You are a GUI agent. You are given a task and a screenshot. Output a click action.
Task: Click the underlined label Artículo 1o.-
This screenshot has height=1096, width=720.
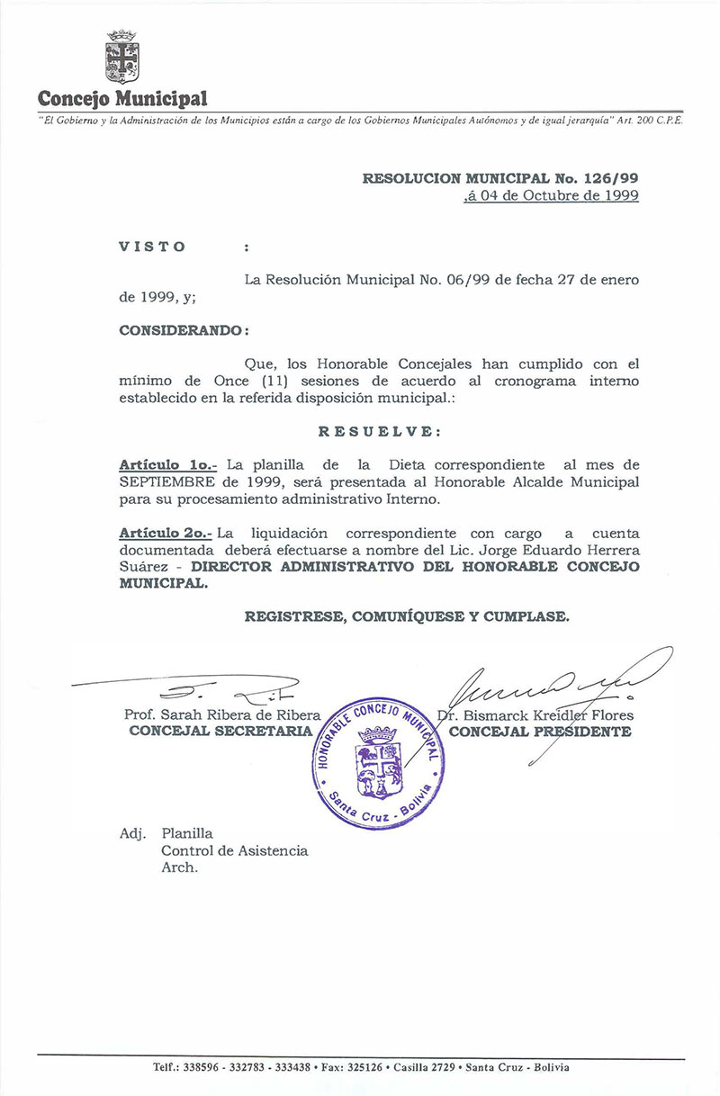[168, 465]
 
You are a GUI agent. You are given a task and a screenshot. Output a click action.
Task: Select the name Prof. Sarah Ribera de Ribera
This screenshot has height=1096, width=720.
[223, 715]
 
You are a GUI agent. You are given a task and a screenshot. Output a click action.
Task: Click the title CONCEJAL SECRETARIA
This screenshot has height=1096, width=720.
[220, 732]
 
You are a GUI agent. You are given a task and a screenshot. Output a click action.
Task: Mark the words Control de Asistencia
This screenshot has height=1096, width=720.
[234, 850]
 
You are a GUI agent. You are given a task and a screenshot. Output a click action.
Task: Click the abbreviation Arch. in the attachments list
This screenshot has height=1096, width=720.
[179, 868]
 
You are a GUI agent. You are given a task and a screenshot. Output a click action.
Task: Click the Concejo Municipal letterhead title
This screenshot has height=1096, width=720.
[123, 98]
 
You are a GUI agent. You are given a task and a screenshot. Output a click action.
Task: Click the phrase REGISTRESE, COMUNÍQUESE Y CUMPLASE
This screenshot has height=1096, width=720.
[407, 616]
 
